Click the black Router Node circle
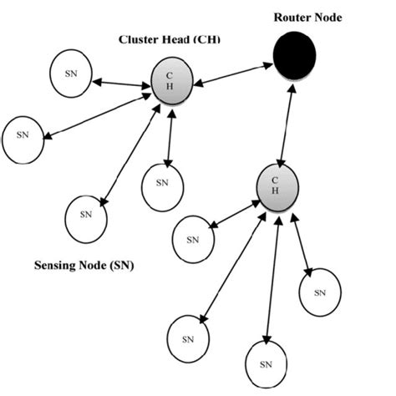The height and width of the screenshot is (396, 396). pyautogui.click(x=294, y=56)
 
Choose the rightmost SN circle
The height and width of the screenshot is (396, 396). pyautogui.click(x=320, y=292)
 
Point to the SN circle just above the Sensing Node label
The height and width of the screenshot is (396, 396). pyautogui.click(x=86, y=214)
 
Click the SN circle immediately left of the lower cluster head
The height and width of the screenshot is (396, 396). pyautogui.click(x=194, y=239)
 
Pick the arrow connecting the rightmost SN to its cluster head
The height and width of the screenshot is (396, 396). pyautogui.click(x=298, y=243)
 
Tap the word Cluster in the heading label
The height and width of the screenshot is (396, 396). pyautogui.click(x=140, y=39)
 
